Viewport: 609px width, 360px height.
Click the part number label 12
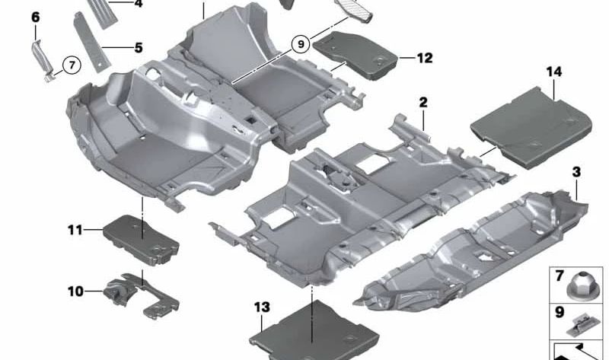424,58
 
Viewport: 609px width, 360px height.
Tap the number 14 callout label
553,72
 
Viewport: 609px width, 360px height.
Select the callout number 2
422,102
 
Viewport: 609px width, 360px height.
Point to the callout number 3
576,173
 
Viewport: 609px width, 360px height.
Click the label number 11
74,228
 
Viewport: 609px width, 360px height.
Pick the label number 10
75,290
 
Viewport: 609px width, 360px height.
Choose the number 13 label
262,307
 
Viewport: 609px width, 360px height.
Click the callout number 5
138,48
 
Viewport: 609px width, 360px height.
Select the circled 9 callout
301,44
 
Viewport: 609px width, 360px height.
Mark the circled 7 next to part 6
70,65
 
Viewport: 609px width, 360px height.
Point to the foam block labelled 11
140,237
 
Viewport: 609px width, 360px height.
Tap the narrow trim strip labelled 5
90,46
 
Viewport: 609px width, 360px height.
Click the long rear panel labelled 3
472,244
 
